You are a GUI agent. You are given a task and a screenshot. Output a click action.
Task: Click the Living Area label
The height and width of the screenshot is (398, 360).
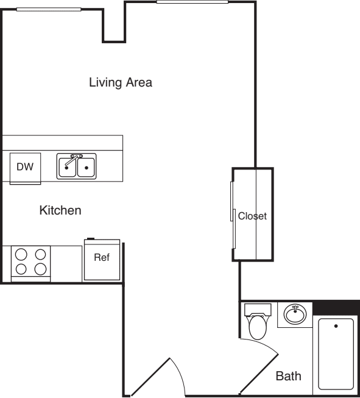[120, 82]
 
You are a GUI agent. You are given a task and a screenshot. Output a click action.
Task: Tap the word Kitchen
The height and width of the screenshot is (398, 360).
[60, 210]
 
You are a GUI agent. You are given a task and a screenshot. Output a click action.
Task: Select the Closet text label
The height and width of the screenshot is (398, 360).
[252, 216]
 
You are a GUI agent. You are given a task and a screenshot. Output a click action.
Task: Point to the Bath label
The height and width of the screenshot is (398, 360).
[288, 376]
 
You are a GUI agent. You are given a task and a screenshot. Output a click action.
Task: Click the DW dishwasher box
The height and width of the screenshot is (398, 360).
[25, 166]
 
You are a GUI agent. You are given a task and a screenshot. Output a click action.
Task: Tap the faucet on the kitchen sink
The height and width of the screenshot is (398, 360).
[75, 158]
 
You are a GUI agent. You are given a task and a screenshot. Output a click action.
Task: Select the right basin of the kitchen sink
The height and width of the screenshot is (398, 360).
[86, 166]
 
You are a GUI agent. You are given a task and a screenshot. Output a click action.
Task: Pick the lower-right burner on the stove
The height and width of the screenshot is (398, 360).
[40, 269]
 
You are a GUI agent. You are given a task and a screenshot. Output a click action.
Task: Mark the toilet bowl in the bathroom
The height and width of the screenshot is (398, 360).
[258, 327]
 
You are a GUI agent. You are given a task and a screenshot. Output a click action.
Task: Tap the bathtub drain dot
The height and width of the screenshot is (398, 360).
[336, 326]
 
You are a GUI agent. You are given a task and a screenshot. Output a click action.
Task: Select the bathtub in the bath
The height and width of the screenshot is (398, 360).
[336, 354]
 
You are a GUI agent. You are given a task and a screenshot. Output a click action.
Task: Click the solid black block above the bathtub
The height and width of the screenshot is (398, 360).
[336, 307]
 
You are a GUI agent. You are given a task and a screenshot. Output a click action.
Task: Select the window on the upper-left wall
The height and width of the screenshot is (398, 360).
[49, 9]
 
